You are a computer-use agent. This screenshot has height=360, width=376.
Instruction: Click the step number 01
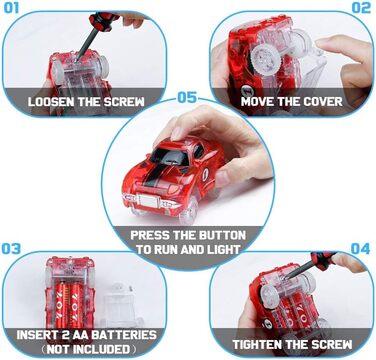coord(11,8)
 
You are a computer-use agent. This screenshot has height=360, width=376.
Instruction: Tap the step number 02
coord(361,8)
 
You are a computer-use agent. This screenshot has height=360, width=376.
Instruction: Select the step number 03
coord(11,249)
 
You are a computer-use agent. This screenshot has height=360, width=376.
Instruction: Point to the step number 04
coord(360,249)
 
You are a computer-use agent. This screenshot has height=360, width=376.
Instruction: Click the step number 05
coord(187,97)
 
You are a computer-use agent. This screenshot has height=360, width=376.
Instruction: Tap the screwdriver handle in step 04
coord(323,260)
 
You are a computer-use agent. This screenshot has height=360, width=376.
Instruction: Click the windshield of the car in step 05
coord(171,157)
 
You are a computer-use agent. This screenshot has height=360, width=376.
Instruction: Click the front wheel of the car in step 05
coord(188,211)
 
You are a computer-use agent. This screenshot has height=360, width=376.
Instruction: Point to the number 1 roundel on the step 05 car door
coord(205,174)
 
